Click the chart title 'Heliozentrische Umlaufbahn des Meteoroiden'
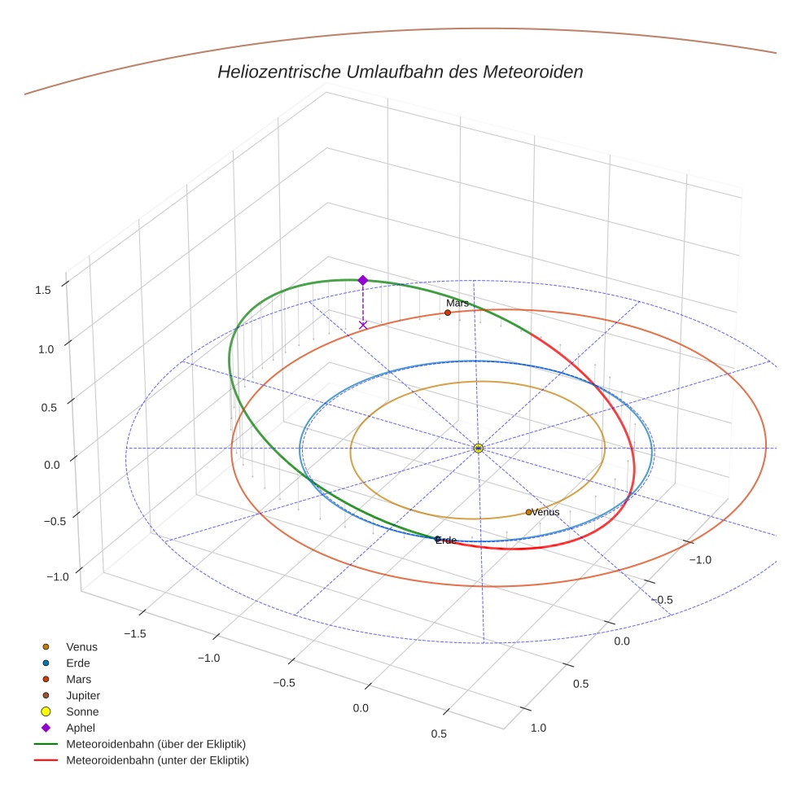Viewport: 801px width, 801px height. (x=400, y=72)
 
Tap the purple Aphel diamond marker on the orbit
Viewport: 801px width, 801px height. (x=362, y=280)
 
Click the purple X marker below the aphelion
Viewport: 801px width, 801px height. (x=363, y=325)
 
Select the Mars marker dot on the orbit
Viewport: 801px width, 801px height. (x=448, y=313)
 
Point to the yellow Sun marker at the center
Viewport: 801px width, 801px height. (x=478, y=448)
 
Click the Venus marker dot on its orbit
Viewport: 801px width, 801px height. (x=528, y=512)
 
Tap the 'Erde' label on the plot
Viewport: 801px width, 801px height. (x=446, y=541)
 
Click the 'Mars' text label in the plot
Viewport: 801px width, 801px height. (x=457, y=303)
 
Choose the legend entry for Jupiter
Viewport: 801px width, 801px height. (x=82, y=695)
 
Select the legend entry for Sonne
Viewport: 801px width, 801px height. (x=82, y=711)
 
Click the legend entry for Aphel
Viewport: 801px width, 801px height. (x=81, y=728)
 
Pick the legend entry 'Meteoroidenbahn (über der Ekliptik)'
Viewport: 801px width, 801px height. (x=155, y=744)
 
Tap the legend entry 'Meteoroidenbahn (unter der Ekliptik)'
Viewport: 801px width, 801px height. (x=157, y=760)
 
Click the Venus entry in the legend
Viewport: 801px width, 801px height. (x=81, y=646)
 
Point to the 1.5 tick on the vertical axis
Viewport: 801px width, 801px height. (x=44, y=289)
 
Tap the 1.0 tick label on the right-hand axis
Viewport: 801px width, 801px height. (x=538, y=728)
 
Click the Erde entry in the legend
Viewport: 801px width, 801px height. (x=78, y=663)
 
